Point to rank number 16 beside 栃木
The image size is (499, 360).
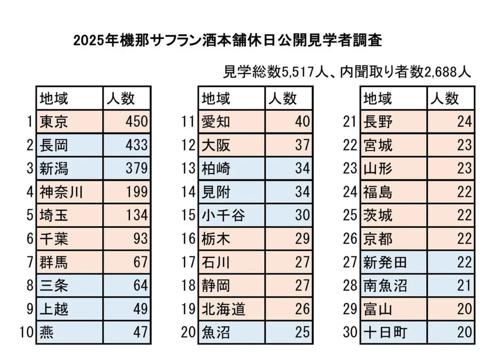tap(188, 239)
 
